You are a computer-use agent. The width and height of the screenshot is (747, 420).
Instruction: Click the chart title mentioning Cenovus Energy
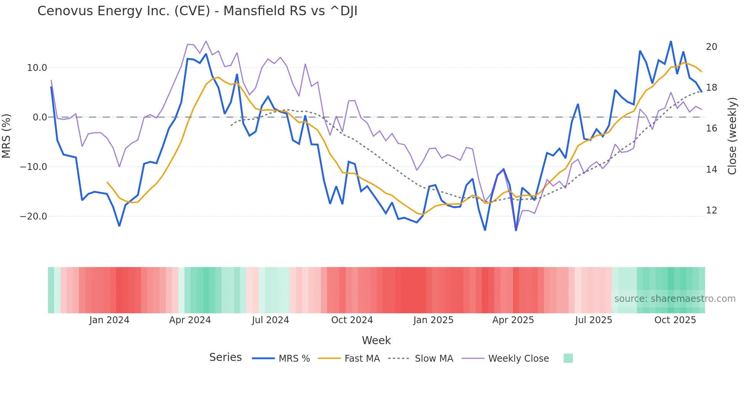click(197, 11)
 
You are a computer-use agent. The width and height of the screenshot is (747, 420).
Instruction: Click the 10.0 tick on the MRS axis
click(37, 68)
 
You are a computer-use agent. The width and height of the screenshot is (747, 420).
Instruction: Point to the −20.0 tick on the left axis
click(34, 216)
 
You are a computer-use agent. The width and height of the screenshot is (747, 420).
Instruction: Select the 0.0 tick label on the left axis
click(40, 117)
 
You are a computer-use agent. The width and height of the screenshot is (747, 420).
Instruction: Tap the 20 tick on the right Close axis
click(711, 47)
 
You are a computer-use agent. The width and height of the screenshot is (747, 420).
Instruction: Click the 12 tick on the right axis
click(711, 210)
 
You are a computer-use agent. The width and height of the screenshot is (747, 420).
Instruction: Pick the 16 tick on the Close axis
click(711, 128)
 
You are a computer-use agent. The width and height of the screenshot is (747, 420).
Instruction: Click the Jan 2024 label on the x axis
click(109, 320)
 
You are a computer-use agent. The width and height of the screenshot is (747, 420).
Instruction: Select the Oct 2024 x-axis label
click(352, 320)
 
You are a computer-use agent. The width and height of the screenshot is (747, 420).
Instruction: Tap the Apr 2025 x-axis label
click(513, 320)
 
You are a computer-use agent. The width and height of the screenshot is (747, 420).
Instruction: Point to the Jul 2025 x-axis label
click(593, 320)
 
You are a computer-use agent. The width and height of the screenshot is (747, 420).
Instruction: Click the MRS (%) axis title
click(6, 136)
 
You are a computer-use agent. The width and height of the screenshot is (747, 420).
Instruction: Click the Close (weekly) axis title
click(732, 136)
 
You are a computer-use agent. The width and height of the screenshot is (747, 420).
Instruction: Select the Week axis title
click(376, 340)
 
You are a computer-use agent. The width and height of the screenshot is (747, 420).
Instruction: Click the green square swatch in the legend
click(568, 358)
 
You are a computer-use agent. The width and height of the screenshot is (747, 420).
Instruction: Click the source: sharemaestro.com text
click(675, 299)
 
